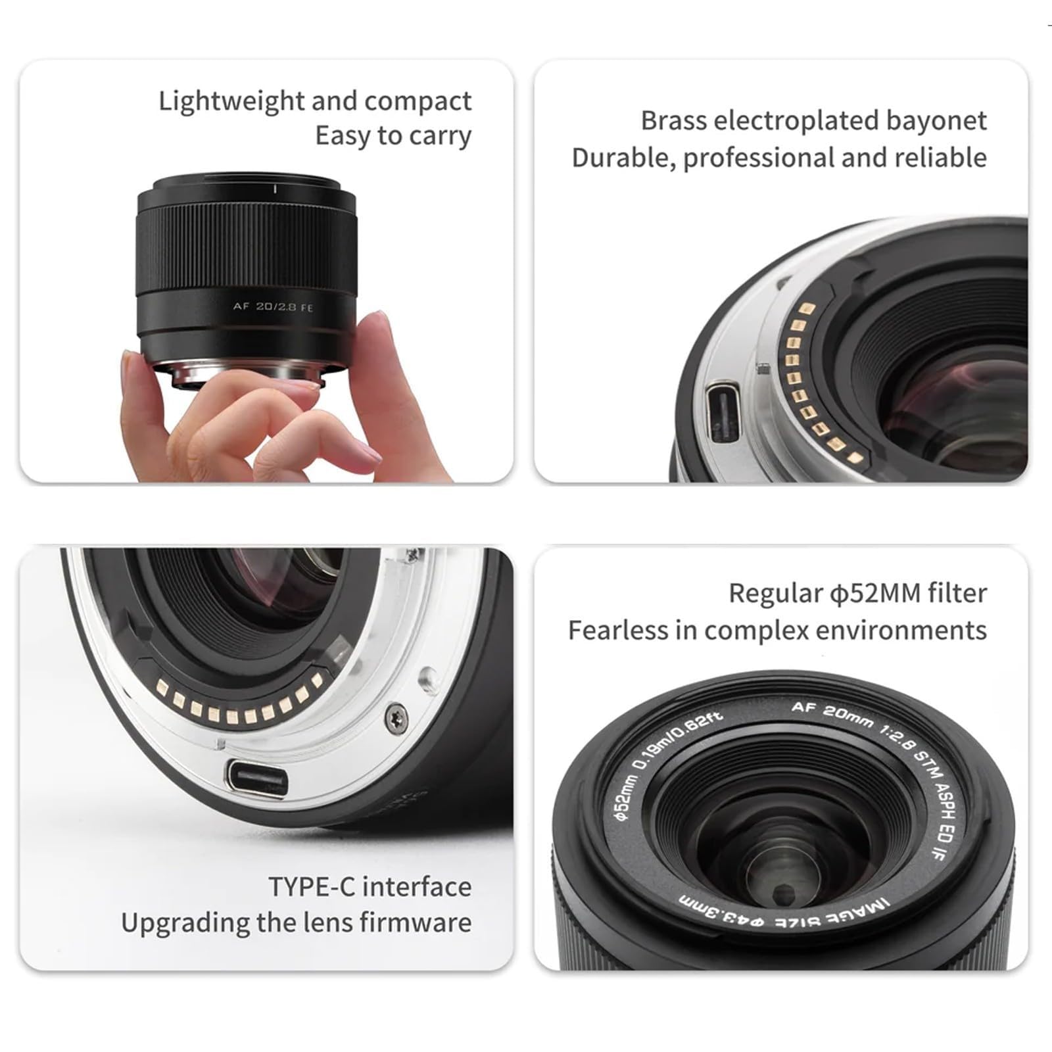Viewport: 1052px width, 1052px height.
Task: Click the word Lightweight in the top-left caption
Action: pos(231,102)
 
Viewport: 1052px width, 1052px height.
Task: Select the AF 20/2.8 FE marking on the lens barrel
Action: pos(274,306)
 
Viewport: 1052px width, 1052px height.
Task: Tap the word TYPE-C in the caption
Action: pos(312,887)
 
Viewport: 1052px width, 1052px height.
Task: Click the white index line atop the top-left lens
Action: pos(275,189)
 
